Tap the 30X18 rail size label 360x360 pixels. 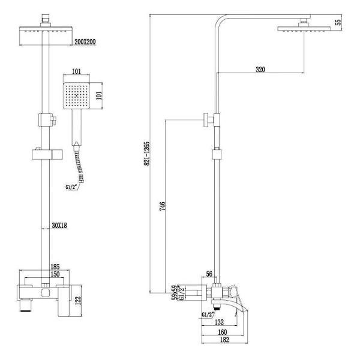(59, 226)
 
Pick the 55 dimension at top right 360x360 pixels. (338, 22)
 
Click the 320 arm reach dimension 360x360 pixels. (260, 70)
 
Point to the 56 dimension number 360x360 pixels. (210, 274)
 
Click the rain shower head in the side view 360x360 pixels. (305, 29)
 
